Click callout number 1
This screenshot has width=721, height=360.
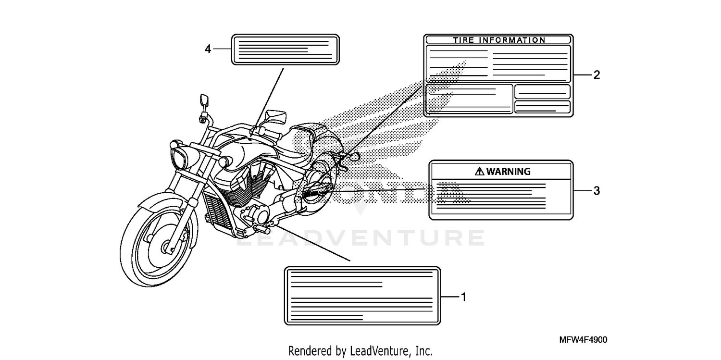point(463,297)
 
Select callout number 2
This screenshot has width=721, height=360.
point(597,75)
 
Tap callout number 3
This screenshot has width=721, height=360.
point(597,191)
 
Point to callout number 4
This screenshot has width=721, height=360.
point(208,49)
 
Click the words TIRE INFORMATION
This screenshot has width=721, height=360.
point(499,40)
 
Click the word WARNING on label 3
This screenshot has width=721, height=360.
point(508,171)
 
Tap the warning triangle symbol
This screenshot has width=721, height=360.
point(479,171)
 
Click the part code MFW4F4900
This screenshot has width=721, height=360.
point(583,340)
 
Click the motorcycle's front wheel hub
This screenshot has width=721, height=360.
point(168,247)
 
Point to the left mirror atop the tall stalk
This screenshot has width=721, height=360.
point(203,100)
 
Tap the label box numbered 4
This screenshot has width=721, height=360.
point(286,49)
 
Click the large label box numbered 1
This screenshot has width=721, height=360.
point(362,296)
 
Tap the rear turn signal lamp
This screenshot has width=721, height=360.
point(355,156)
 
